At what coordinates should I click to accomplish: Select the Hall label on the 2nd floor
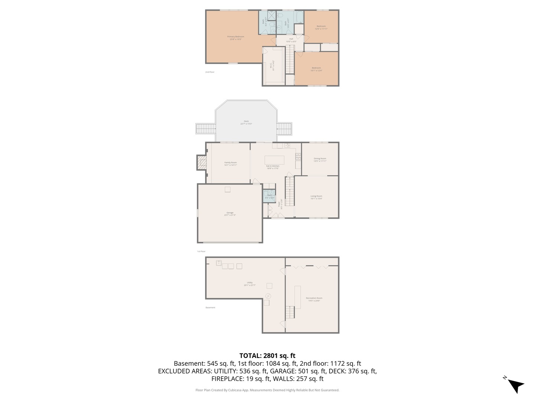click(x=291, y=40)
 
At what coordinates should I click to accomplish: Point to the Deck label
click(x=246, y=122)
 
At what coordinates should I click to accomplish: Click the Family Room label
click(x=230, y=163)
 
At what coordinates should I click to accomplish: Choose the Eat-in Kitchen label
click(x=273, y=167)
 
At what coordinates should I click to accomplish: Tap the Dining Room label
click(x=320, y=160)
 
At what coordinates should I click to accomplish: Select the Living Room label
click(x=316, y=197)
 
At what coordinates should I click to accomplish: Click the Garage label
click(x=230, y=213)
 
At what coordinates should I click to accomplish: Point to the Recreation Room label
click(x=314, y=299)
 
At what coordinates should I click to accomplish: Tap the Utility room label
click(x=250, y=284)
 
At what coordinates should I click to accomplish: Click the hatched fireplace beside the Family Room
click(x=202, y=163)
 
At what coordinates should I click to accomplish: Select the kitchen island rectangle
click(x=274, y=160)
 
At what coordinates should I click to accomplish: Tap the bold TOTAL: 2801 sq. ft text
click(x=267, y=355)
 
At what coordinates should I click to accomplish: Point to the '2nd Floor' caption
click(x=210, y=72)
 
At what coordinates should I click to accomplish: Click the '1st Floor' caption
click(x=201, y=251)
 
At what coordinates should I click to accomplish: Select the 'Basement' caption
click(x=210, y=307)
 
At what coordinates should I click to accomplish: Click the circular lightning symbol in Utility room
click(x=268, y=296)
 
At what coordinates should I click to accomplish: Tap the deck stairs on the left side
click(x=205, y=129)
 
